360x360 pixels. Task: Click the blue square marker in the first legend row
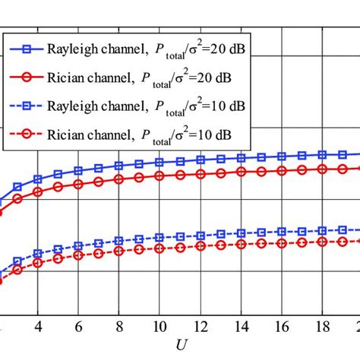27,50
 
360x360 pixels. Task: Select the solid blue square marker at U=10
160,162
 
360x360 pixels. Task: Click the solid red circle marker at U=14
242,172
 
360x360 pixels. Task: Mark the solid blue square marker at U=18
322,154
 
